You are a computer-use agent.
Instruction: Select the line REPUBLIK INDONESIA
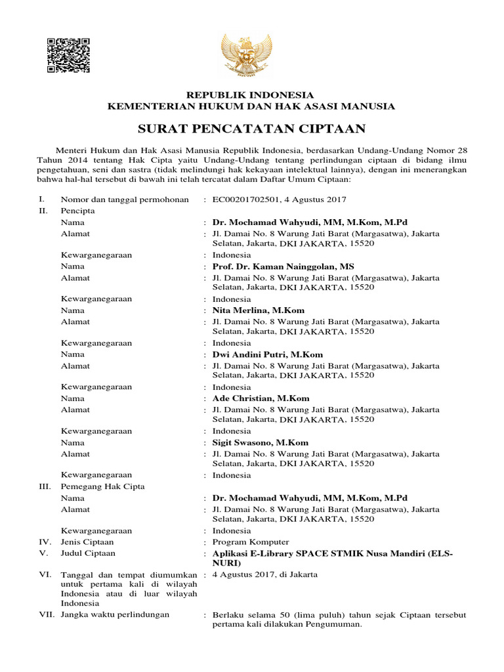click(252, 94)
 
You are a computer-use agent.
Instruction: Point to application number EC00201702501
click(249, 199)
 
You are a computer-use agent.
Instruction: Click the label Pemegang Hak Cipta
click(102, 486)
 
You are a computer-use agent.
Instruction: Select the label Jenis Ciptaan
click(87, 542)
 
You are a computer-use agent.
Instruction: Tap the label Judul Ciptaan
click(88, 553)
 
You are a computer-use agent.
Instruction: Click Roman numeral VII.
click(45, 615)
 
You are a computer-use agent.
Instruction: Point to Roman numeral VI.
click(45, 574)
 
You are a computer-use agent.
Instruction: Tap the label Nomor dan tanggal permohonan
click(125, 199)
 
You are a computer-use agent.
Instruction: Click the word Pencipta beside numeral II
click(77, 211)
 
